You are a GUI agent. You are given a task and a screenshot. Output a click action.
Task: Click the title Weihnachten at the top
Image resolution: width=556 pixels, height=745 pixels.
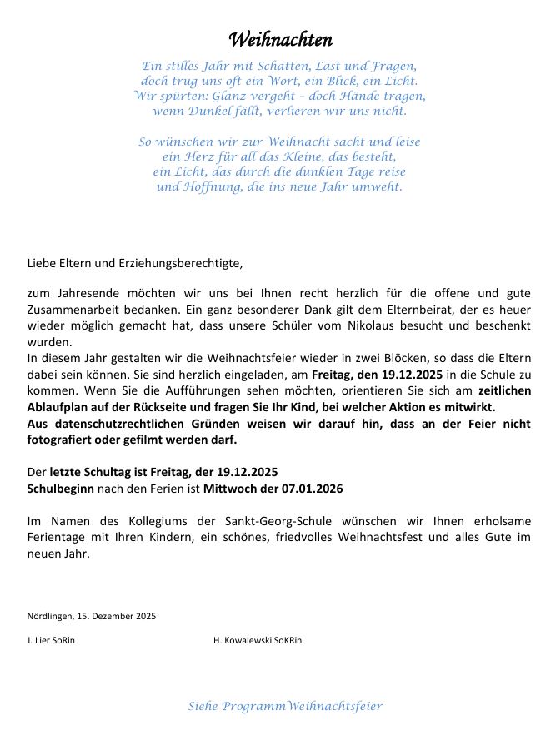[x=280, y=40]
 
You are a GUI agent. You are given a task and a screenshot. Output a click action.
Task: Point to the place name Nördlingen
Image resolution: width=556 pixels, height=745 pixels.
[x=50, y=617]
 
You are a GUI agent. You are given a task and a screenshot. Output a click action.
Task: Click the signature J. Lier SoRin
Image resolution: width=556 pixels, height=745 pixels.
[x=51, y=641]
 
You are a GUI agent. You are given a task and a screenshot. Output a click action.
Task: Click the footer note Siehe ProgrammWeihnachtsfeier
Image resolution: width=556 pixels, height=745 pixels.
[x=285, y=707]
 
